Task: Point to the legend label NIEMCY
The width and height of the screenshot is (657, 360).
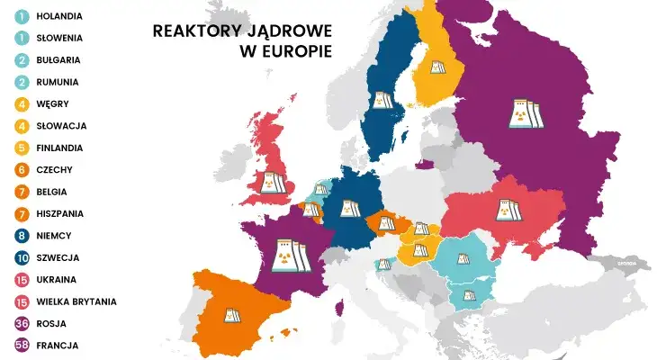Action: coord(56,235)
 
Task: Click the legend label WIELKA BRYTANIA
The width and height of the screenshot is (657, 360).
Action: coord(77,301)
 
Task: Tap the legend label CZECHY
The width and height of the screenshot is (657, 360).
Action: coord(57,169)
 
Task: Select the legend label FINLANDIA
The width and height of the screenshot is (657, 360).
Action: coord(61,148)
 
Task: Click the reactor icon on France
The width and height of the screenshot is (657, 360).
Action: coord(287,252)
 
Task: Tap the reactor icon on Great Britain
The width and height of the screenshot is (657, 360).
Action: coord(273,183)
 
